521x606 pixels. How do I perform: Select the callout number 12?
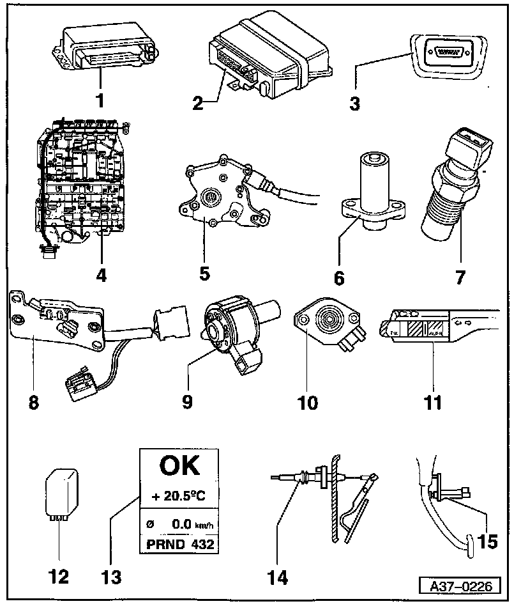(59, 577)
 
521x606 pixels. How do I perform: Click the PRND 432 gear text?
(178, 545)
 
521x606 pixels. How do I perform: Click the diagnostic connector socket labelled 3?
(440, 57)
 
